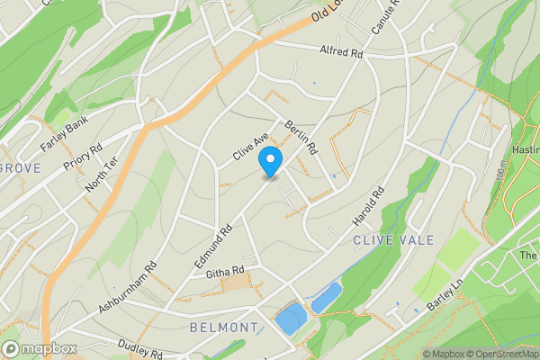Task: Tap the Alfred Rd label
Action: (341, 53)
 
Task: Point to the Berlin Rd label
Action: (301, 136)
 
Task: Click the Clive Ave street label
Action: (250, 148)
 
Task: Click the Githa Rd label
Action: (225, 271)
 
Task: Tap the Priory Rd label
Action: (83, 157)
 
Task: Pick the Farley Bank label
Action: (62, 132)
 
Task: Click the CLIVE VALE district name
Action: (393, 240)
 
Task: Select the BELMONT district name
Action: (224, 328)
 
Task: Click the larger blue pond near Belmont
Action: (290, 317)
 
